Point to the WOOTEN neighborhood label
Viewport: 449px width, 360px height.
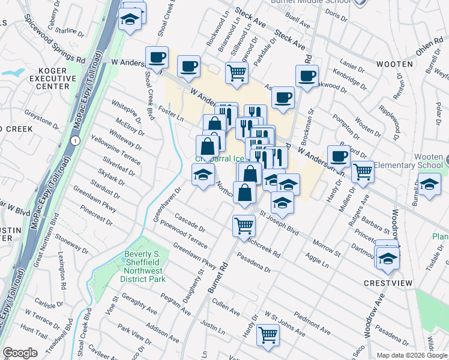(x=394, y=64)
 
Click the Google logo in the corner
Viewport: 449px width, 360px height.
(x=20, y=353)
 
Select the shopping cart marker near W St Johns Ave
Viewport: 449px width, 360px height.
(x=268, y=335)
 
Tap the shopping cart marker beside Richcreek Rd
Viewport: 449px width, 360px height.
(x=244, y=226)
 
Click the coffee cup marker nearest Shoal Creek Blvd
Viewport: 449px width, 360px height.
(x=157, y=58)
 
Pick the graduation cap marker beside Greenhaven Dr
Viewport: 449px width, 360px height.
(x=203, y=175)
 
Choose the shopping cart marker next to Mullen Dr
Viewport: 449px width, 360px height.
(x=363, y=172)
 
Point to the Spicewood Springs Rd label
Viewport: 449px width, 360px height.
(x=53, y=39)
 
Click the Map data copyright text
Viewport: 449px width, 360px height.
(x=412, y=355)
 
